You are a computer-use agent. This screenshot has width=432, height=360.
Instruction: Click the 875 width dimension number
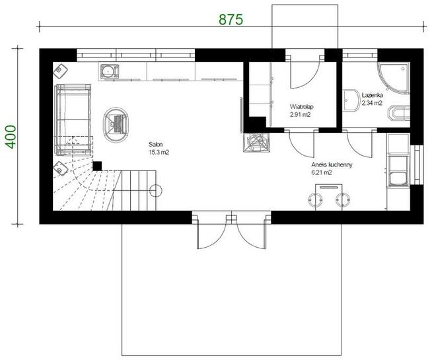231,20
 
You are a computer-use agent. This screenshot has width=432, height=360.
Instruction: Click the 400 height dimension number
11,137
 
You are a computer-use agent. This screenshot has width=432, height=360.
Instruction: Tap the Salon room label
156,145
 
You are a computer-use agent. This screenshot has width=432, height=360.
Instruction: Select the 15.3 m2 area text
159,153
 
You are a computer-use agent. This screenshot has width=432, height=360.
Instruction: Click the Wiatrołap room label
302,107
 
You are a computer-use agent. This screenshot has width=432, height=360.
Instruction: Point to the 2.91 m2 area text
301,114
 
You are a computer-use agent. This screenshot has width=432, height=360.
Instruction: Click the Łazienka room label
372,95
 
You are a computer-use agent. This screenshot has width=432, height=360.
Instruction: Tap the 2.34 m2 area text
372,103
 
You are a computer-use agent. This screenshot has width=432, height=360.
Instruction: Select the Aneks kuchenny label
332,165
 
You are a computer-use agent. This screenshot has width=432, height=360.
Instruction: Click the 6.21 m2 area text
322,172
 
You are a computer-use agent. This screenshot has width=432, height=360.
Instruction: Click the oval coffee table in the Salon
116,125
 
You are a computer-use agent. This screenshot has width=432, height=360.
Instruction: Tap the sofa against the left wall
73,119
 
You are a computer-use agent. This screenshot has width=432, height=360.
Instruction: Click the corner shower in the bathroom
394,77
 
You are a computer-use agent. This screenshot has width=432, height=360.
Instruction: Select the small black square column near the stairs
97,166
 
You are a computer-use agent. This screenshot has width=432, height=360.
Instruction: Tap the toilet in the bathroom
399,113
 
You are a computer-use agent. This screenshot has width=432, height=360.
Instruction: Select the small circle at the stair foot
156,190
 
